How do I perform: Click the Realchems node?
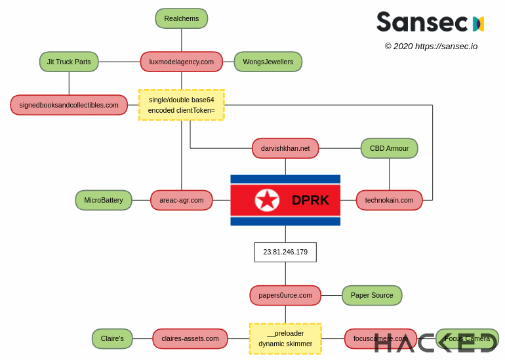pyautogui.click(x=182, y=18)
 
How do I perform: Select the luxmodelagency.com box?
pyautogui.click(x=182, y=62)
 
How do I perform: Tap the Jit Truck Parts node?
pyautogui.click(x=69, y=62)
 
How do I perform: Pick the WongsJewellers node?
pyautogui.click(x=268, y=62)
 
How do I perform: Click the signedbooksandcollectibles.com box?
pyautogui.click(x=69, y=105)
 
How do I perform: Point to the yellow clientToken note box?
pyautogui.click(x=182, y=105)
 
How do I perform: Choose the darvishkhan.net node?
pyautogui.click(x=285, y=148)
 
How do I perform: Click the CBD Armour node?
pyautogui.click(x=389, y=148)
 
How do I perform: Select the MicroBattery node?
pyautogui.click(x=104, y=200)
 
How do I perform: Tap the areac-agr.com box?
pyautogui.click(x=182, y=200)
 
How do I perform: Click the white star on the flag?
pyautogui.click(x=267, y=200)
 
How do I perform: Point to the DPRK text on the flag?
pyautogui.click(x=310, y=200)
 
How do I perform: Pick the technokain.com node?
pyautogui.click(x=389, y=200)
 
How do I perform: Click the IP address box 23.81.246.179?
pyautogui.click(x=285, y=252)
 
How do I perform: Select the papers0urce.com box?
pyautogui.click(x=285, y=295)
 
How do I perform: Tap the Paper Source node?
pyautogui.click(x=372, y=295)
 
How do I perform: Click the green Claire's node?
pyautogui.click(x=112, y=338)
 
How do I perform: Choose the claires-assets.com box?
pyautogui.click(x=190, y=338)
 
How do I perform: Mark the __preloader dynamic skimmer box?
pyautogui.click(x=285, y=338)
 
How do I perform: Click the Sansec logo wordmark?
pyautogui.click(x=422, y=22)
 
